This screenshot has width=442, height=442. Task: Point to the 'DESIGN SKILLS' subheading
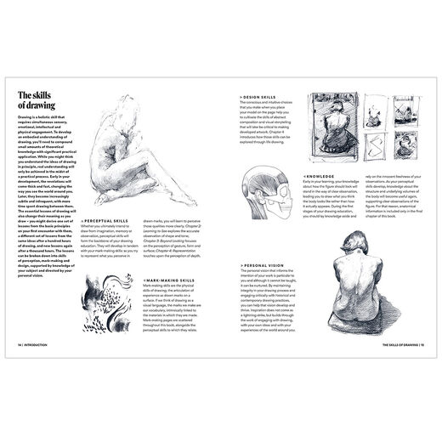(x=258, y=97)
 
